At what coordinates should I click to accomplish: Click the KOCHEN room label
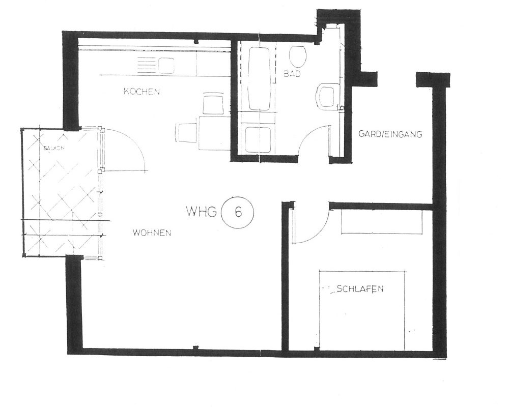tap(142, 92)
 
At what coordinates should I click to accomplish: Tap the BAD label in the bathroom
tap(292, 74)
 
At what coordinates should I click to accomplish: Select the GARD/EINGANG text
tap(390, 134)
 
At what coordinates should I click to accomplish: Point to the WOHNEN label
tap(152, 232)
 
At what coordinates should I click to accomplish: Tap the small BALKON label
tap(54, 148)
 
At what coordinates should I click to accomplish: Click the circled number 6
tap(238, 213)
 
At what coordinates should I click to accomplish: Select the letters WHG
tap(201, 212)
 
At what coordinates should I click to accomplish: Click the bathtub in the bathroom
tap(260, 79)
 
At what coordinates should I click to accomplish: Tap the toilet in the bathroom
tap(297, 56)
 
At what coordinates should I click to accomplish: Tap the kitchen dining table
tap(214, 133)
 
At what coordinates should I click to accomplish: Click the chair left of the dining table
tap(187, 133)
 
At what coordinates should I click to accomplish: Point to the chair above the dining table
tap(213, 104)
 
